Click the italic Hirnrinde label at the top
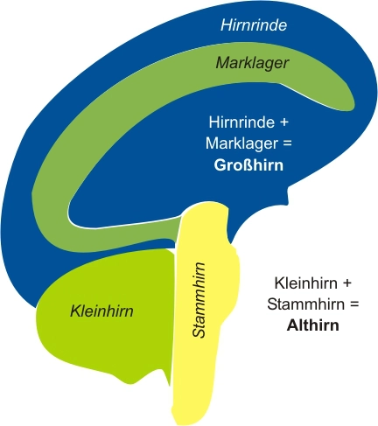point(254,24)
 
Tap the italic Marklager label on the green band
point(252,63)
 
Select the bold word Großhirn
point(248,165)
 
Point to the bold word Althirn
point(313,325)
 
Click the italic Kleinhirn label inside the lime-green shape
point(101,311)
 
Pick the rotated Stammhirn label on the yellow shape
point(199,300)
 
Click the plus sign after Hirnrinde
point(283,122)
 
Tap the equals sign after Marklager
point(287,143)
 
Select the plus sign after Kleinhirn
point(347,283)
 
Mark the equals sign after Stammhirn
point(353,304)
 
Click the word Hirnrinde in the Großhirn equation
point(241,122)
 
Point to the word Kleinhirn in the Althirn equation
point(306,283)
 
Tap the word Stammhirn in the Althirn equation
point(305,304)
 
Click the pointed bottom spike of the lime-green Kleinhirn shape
point(169,385)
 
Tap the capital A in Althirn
point(292,325)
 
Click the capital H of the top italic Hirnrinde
point(227,24)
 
